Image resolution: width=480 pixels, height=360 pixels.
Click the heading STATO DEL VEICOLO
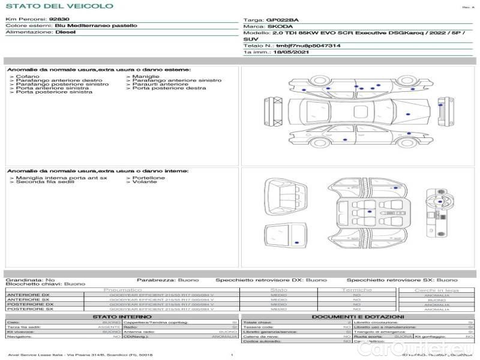click(x=59, y=6)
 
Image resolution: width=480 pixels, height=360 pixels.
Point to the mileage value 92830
click(x=59, y=19)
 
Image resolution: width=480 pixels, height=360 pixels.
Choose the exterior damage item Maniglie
click(x=146, y=77)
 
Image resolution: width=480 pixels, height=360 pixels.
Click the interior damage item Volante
click(x=145, y=182)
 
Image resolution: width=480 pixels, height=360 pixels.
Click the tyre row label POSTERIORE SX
click(x=29, y=309)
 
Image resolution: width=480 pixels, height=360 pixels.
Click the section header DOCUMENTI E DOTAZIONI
click(x=358, y=316)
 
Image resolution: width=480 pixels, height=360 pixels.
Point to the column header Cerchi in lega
click(x=436, y=290)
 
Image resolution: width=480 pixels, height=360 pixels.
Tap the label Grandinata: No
click(x=30, y=280)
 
